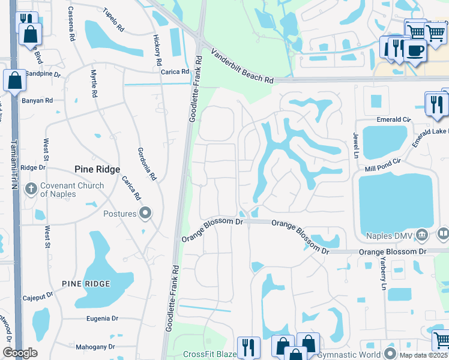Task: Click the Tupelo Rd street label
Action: coord(113,20)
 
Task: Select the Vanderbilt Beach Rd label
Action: coord(241,67)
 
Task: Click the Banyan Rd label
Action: coord(37,100)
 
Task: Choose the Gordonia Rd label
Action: coord(146,164)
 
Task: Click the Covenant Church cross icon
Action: coord(31,190)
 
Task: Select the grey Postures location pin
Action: coord(145,214)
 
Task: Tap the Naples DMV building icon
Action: coord(422,233)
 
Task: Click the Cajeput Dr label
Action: coord(38,295)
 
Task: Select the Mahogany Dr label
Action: coord(95,347)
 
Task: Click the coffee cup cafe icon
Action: coord(414,50)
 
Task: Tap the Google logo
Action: coord(20,353)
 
